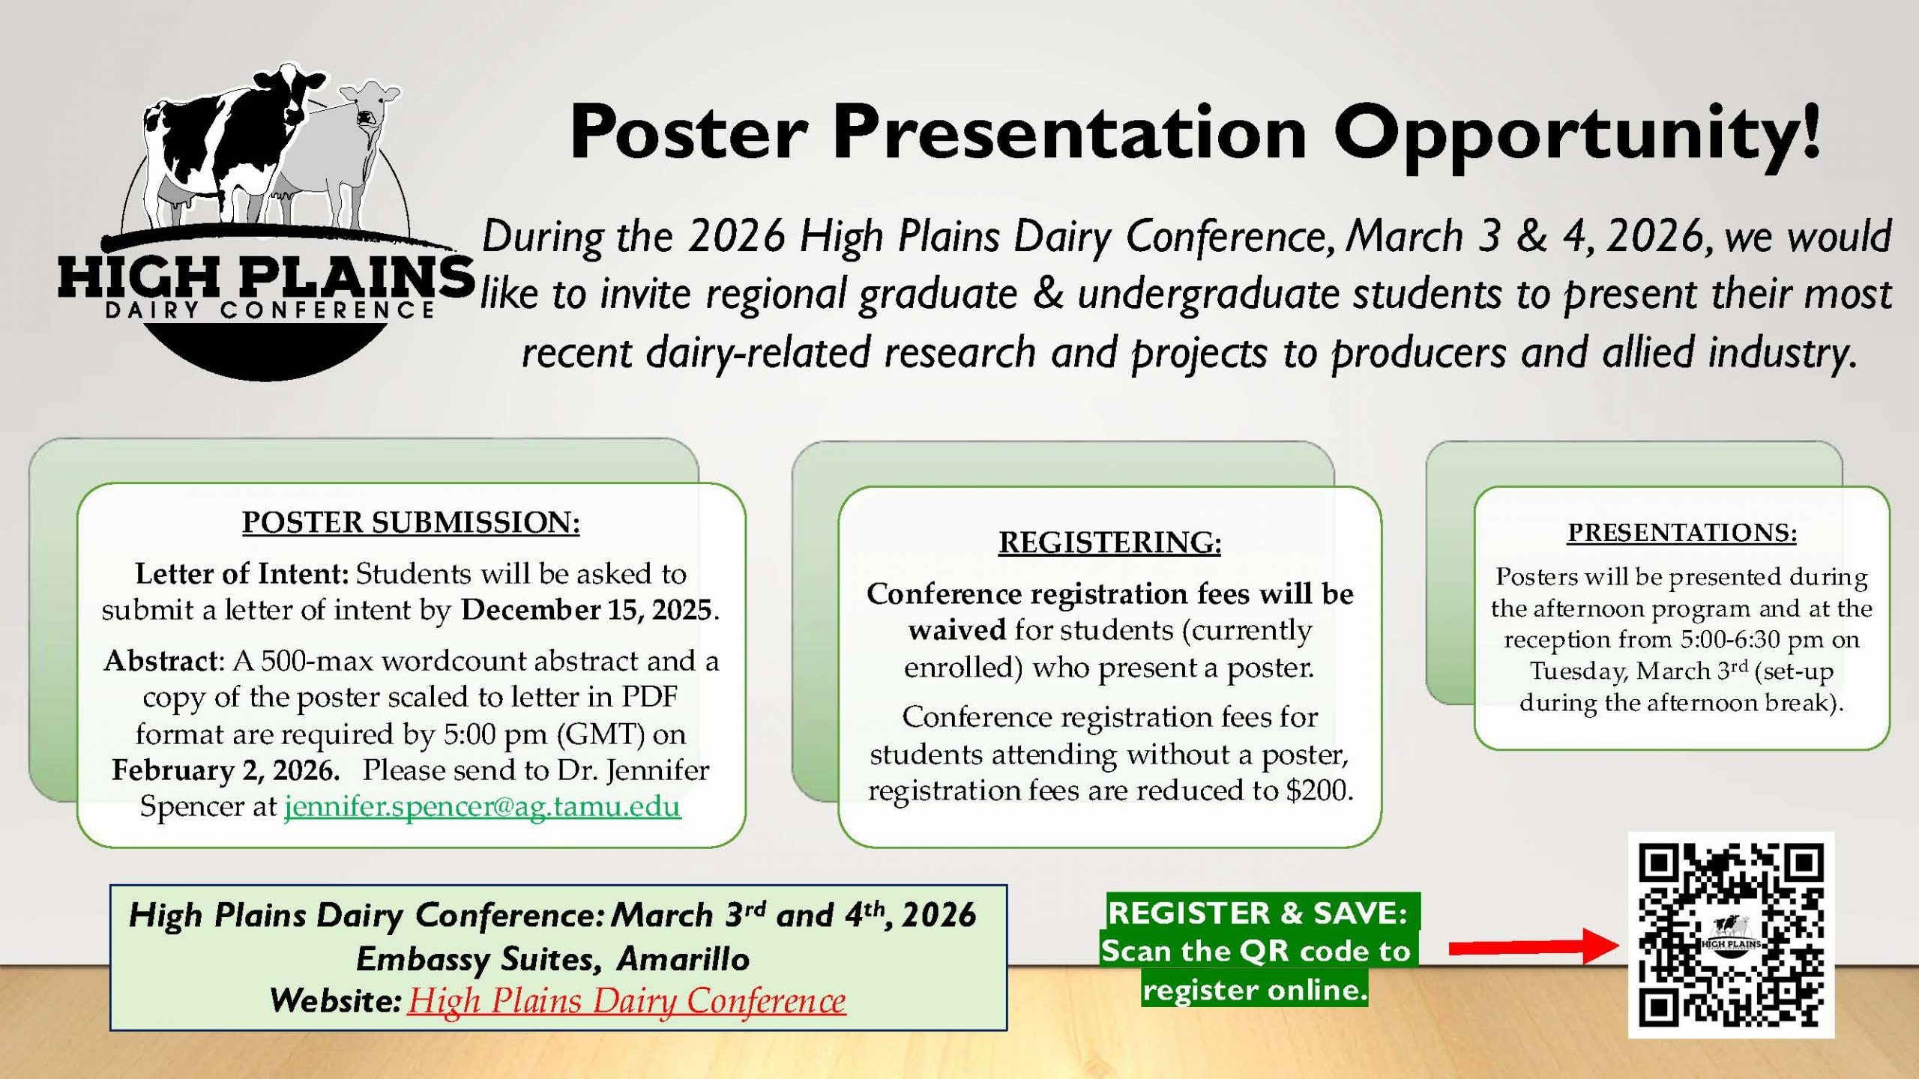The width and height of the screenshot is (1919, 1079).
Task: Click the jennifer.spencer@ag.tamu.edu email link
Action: tap(483, 806)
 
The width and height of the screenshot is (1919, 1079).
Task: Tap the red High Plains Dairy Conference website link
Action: tap(627, 1001)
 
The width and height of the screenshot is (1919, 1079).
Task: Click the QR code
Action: tap(1731, 935)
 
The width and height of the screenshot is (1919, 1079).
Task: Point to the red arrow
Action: tap(1534, 946)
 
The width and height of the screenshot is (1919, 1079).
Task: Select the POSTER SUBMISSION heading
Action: tap(411, 522)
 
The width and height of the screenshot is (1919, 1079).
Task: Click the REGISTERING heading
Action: tap(1109, 542)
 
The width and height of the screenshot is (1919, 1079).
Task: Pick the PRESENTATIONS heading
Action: tap(1682, 532)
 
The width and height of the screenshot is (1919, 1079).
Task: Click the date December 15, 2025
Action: tap(585, 610)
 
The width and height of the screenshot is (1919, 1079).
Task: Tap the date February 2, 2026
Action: tap(224, 770)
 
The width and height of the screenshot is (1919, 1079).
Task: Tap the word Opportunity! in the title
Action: tap(1577, 133)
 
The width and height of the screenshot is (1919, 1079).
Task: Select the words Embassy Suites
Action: tap(479, 959)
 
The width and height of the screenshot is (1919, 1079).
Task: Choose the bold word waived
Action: tap(957, 629)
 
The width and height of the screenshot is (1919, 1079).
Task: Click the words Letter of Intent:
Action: tap(242, 574)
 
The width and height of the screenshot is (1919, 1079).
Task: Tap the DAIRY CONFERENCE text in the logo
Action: tap(270, 309)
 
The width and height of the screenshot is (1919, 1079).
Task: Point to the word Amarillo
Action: tap(683, 959)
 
